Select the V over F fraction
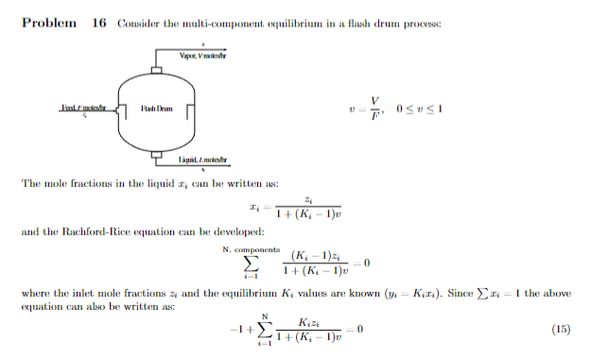pos(375,108)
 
